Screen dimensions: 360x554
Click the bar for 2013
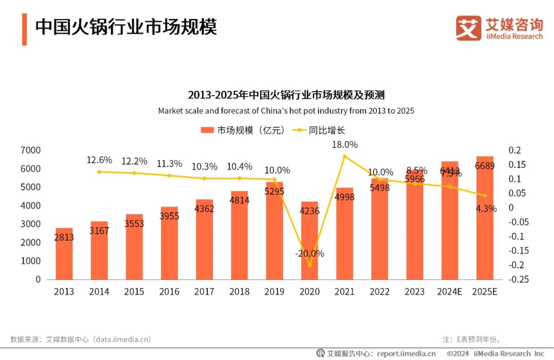64,254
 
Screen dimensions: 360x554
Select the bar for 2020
309,241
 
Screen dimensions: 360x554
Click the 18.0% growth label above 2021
344,145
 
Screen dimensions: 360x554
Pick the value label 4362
204,209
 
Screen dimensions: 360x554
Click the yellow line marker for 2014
99,172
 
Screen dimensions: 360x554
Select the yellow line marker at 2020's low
309,265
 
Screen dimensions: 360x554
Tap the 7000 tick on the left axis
31,150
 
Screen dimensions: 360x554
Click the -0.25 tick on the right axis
519,279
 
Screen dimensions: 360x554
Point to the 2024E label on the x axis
449,292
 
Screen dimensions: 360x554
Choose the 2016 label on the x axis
169,292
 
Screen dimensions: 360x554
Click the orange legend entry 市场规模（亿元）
243,130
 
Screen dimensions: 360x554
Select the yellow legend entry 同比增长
320,130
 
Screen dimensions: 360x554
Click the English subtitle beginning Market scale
286,111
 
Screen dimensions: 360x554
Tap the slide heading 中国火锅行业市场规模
126,27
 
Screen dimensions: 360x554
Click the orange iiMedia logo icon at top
468,28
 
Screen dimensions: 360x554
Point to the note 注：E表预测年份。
472,339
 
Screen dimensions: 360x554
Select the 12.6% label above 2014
99,160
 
